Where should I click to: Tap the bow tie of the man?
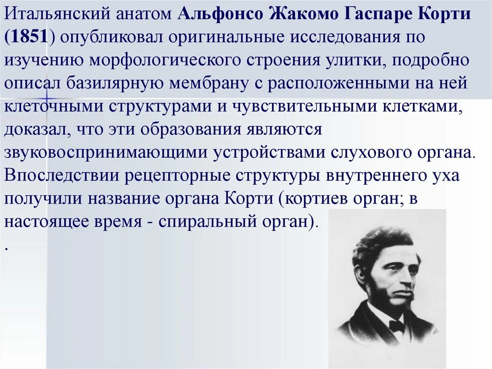(396, 327)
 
